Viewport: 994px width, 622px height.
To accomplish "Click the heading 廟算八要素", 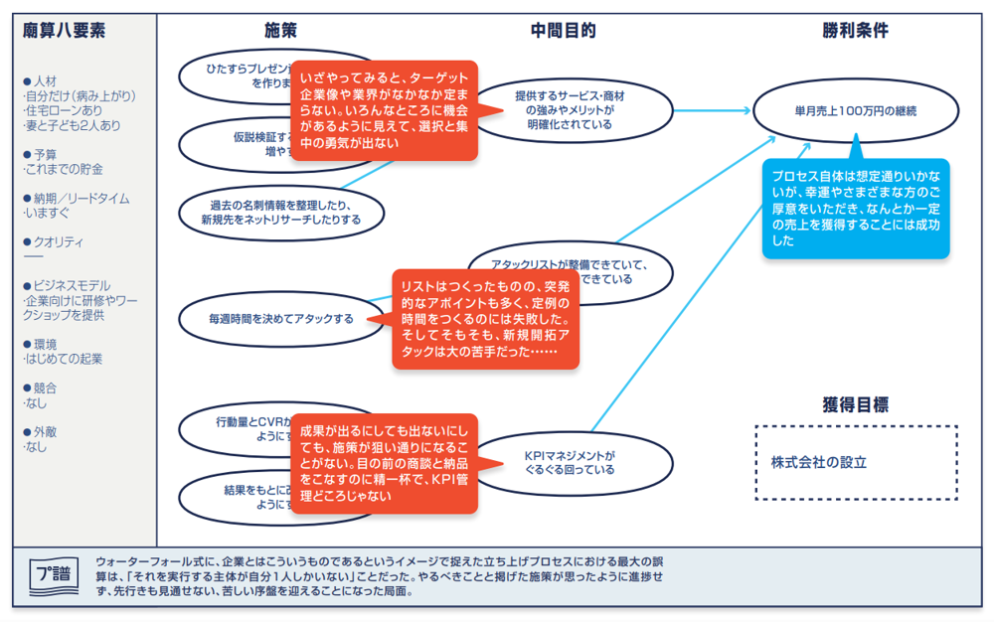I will click(64, 31).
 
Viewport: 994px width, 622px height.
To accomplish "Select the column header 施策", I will click(280, 31).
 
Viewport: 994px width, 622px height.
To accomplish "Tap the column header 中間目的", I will click(563, 31).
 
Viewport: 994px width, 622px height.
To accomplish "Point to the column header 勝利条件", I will click(855, 31).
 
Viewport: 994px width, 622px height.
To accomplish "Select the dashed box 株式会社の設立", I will click(856, 462).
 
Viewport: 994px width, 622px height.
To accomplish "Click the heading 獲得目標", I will click(855, 404).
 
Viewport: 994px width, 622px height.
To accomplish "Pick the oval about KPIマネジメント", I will click(570, 463).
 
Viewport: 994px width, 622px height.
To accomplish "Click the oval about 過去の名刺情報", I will click(281, 212).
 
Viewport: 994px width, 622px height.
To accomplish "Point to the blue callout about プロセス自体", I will click(855, 209).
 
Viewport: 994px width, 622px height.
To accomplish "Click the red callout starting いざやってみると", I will click(383, 109).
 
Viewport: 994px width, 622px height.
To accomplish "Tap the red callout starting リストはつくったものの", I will click(485, 319).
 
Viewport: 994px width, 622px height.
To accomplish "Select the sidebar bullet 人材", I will click(45, 80).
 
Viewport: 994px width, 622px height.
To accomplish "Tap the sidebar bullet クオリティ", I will click(59, 242).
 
